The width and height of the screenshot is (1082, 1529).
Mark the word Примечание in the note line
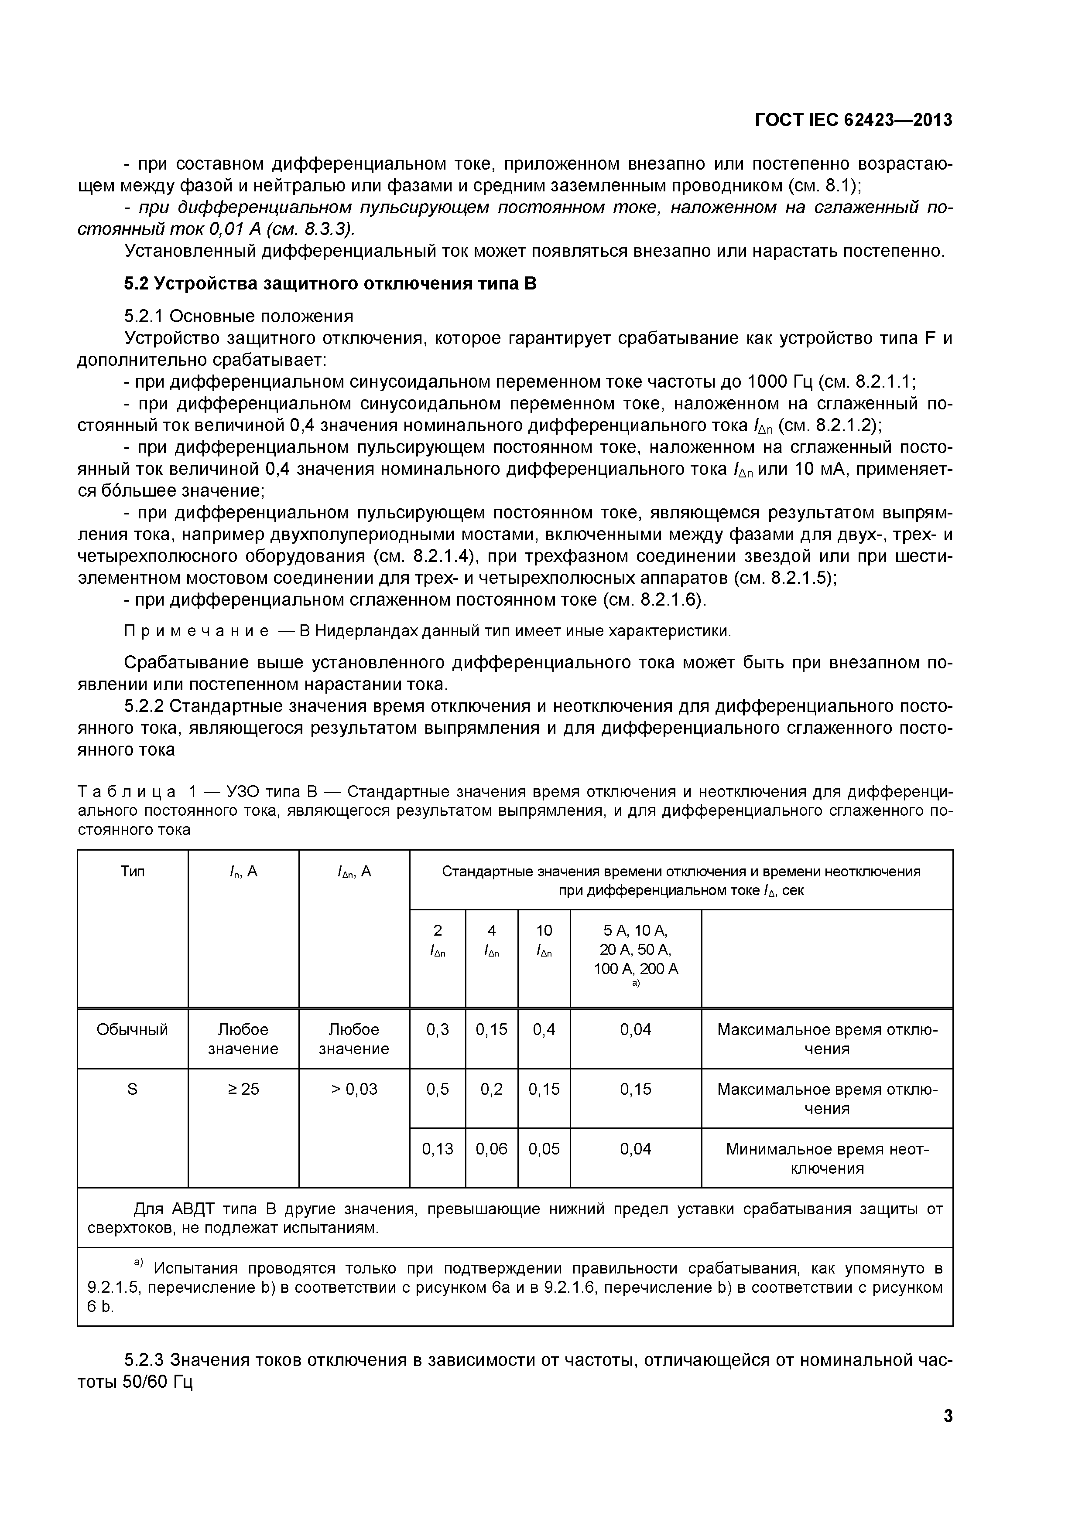[x=196, y=630]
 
